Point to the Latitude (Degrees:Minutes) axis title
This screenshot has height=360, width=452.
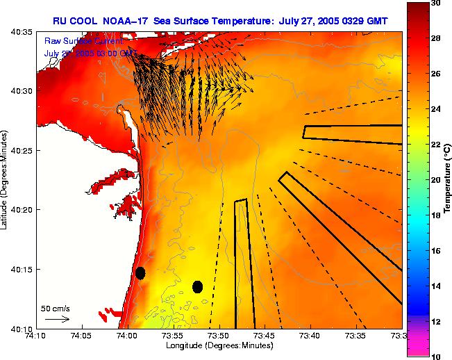pos(5,180)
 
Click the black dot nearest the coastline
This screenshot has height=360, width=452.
pos(140,273)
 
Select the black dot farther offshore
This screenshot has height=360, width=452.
pos(198,286)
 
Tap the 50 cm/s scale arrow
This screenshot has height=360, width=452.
pos(57,319)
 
